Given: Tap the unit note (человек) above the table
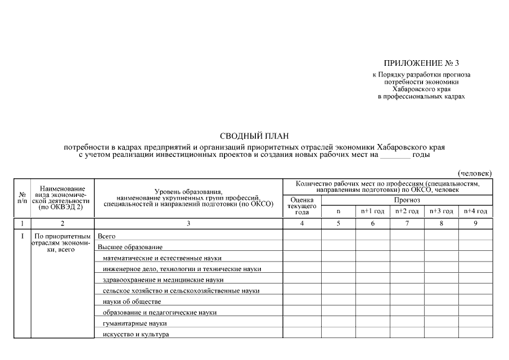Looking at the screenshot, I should coord(475,173).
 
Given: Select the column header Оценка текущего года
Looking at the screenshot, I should coord(302,206).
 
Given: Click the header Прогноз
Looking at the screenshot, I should coord(407,200).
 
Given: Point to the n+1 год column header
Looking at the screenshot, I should coord(372,211).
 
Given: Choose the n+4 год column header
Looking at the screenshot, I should coord(476,211).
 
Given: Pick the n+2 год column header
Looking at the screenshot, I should coord(407,211).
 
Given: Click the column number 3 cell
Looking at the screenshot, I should coord(188,224).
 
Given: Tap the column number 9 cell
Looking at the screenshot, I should coord(476,224).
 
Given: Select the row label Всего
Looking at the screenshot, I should coord(107,236).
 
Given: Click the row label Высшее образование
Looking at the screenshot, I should coord(130,247).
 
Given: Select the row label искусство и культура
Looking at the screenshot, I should coord(136,335).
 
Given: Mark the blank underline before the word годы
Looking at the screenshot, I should coord(395,155).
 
